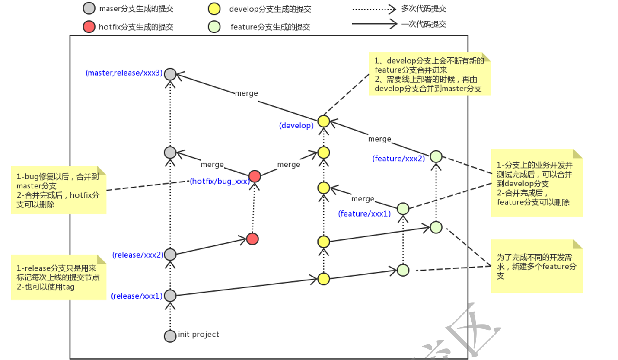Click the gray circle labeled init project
170,336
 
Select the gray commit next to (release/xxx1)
170,296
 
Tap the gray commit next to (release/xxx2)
170,255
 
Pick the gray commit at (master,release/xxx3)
170,74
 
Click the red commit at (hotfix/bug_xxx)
255,176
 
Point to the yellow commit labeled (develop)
323,121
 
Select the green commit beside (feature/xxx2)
436,156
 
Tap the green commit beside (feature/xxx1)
403,209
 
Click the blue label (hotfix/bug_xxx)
220,182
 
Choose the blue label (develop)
296,126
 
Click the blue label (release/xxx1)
137,296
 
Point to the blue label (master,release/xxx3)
124,73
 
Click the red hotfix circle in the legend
89,27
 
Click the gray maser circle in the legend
89,8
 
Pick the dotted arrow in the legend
374,8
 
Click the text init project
198,335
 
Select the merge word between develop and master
246,93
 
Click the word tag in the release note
68,287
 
